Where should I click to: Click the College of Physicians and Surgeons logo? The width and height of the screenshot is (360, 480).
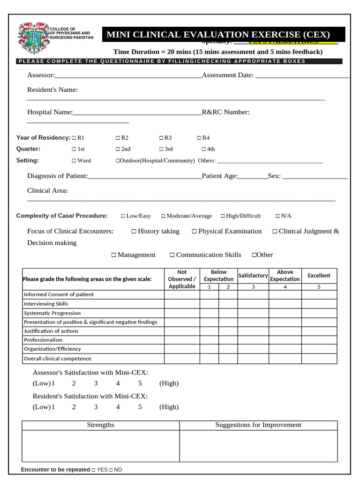tap(33, 38)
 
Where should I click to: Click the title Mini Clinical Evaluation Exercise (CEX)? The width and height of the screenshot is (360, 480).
tap(218, 35)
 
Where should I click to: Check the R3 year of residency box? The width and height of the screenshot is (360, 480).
tap(161, 138)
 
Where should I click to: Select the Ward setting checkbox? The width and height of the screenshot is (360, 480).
tap(74, 160)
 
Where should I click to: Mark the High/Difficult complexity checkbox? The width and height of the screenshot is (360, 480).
tap(223, 216)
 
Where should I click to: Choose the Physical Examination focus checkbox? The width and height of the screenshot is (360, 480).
tap(195, 232)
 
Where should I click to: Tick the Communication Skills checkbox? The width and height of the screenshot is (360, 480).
tap(172, 255)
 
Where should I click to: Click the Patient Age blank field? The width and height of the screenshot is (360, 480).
tap(252, 176)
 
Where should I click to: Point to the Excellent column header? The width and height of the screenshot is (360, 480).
tap(319, 276)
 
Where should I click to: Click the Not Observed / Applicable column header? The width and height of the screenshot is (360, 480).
tap(182, 279)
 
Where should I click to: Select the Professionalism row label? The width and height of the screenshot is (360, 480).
tap(43, 340)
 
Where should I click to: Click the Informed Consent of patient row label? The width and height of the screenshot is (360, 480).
tap(59, 294)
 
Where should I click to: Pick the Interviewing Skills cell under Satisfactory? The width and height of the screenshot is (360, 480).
tap(253, 304)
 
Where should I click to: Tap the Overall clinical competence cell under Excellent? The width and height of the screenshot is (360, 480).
tap(319, 359)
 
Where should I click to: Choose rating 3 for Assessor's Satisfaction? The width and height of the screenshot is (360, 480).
tap(96, 383)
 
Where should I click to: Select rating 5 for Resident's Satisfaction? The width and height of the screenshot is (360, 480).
tap(140, 407)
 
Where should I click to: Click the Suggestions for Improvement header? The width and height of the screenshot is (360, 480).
tap(258, 425)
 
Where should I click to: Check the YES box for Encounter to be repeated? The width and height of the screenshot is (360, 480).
tap(93, 470)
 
